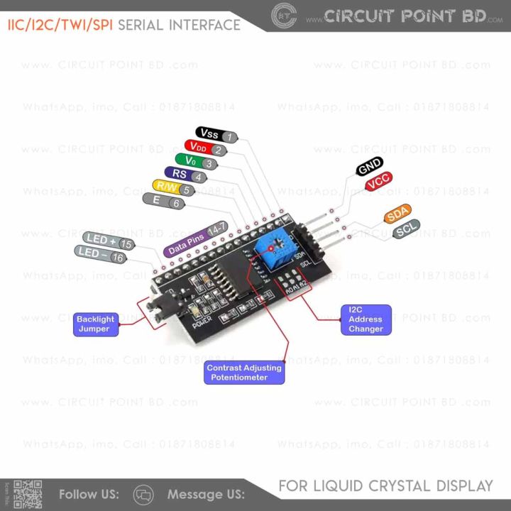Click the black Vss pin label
(x=210, y=134)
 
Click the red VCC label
(x=378, y=182)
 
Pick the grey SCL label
(x=406, y=229)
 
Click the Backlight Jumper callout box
(x=95, y=324)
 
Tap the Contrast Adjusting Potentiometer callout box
(x=243, y=373)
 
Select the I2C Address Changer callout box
(x=366, y=319)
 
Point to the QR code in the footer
(x=28, y=494)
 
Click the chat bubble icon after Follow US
(x=144, y=494)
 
